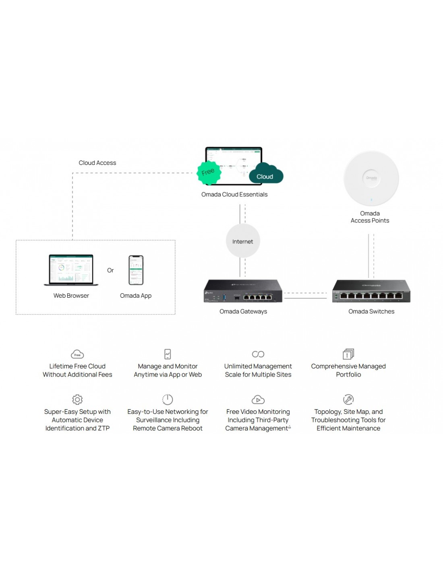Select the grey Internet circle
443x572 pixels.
click(242, 241)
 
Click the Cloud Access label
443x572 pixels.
click(97, 163)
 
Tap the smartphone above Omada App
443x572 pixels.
click(136, 270)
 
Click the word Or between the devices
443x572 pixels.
click(110, 270)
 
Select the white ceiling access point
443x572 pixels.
click(371, 179)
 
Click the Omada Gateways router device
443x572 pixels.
click(243, 291)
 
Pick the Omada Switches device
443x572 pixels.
click(371, 291)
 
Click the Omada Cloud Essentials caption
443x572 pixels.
click(234, 195)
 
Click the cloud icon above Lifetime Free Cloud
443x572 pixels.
click(77, 354)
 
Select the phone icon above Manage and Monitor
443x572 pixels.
click(168, 354)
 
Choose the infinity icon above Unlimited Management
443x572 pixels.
click(258, 354)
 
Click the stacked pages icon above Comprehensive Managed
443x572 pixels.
click(348, 354)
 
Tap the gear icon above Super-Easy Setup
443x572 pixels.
click(77, 399)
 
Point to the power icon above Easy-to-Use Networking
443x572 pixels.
click(168, 399)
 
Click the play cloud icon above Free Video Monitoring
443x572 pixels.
click(258, 399)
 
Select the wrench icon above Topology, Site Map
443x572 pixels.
click(348, 399)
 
